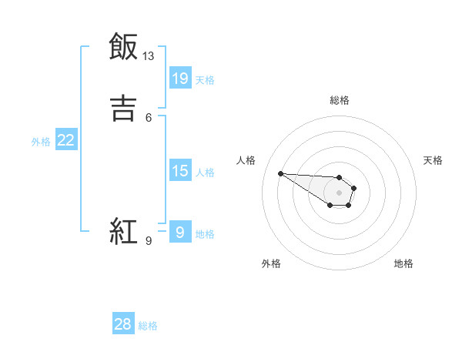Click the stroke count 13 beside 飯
pyautogui.click(x=148, y=56)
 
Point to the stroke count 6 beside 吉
pyautogui.click(x=149, y=117)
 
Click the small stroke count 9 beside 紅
pyautogui.click(x=149, y=240)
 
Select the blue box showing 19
pyautogui.click(x=180, y=79)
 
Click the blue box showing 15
pyautogui.click(x=180, y=171)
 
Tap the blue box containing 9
pyautogui.click(x=180, y=233)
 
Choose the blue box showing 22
pyautogui.click(x=66, y=140)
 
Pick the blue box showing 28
pyautogui.click(x=123, y=324)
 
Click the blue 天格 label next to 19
pyautogui.click(x=205, y=79)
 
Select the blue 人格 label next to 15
pyautogui.click(x=205, y=172)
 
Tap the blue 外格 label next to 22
pyautogui.click(x=41, y=141)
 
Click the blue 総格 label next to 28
pyautogui.click(x=148, y=325)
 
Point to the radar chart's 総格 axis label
pyautogui.click(x=340, y=100)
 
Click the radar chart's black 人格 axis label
pyautogui.click(x=246, y=160)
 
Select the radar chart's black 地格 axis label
pyautogui.click(x=403, y=263)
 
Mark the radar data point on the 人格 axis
pyautogui.click(x=280, y=173)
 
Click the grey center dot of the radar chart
pyautogui.click(x=339, y=192)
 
